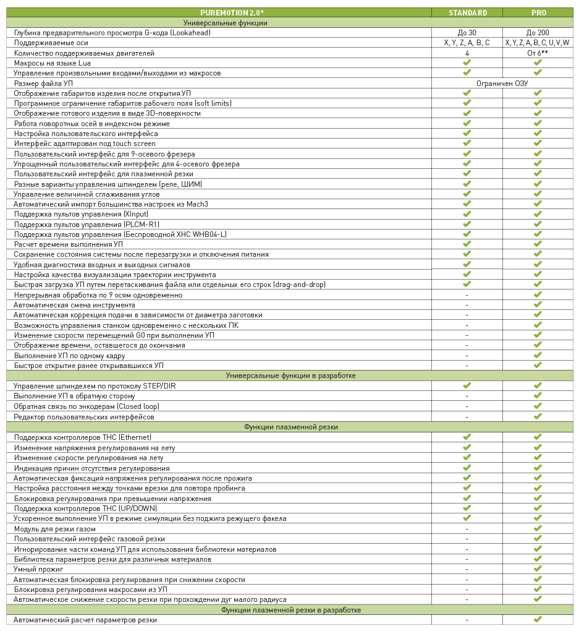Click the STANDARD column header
pos(467,12)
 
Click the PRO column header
pos(538,12)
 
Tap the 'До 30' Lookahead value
pos(467,33)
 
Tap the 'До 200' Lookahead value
pos(538,33)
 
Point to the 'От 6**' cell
pos(538,53)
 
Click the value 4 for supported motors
pos(467,53)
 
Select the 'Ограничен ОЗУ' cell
pos(502,83)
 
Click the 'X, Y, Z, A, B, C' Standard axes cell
pos(467,43)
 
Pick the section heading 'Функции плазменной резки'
pos(290,427)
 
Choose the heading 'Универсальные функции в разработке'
pos(290,376)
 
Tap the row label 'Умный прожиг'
pos(39,569)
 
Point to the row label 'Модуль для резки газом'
pos(55,529)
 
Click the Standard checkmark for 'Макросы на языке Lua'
pos(467,62)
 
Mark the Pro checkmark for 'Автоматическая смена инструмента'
pos(538,304)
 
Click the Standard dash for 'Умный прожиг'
pos(467,569)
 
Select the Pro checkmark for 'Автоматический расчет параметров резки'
pos(538,619)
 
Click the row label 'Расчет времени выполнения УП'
pos(69,244)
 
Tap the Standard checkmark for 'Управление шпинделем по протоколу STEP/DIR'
pos(467,385)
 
